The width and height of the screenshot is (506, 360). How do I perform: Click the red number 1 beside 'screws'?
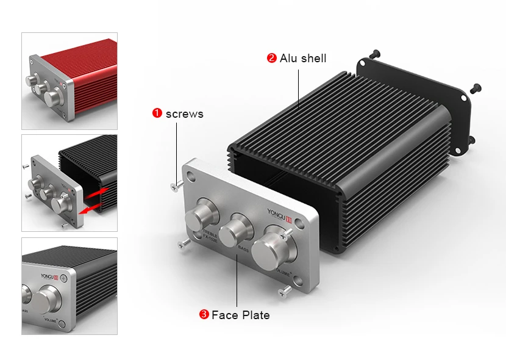(x=157, y=113)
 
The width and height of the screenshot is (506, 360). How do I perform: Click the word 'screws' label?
(x=184, y=113)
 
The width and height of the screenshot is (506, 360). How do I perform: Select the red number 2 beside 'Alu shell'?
(x=271, y=59)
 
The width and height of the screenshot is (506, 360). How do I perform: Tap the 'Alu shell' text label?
(x=303, y=59)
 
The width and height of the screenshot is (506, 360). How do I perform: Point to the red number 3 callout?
(x=204, y=315)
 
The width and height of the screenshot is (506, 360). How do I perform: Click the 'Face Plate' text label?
(x=240, y=315)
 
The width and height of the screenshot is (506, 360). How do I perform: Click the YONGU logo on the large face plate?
(x=281, y=214)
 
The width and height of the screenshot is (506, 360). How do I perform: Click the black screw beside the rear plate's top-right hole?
(x=476, y=87)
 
